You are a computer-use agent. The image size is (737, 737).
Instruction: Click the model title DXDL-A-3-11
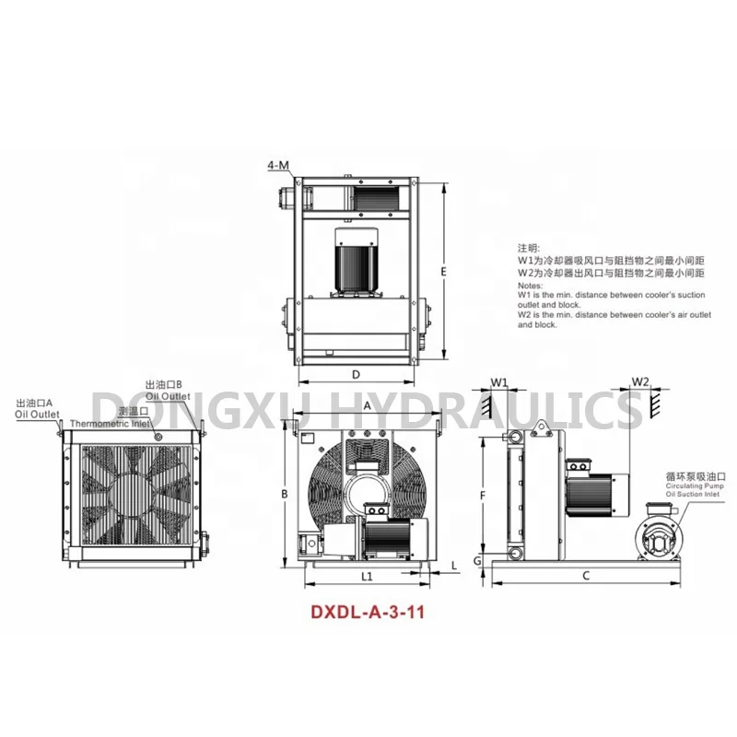pos(368,610)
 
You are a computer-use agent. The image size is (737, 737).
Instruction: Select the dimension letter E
pos(443,272)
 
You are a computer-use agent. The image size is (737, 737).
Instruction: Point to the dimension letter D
pos(355,374)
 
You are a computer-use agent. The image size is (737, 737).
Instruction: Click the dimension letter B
pos(286,495)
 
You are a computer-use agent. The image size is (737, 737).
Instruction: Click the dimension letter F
pos(482,495)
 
